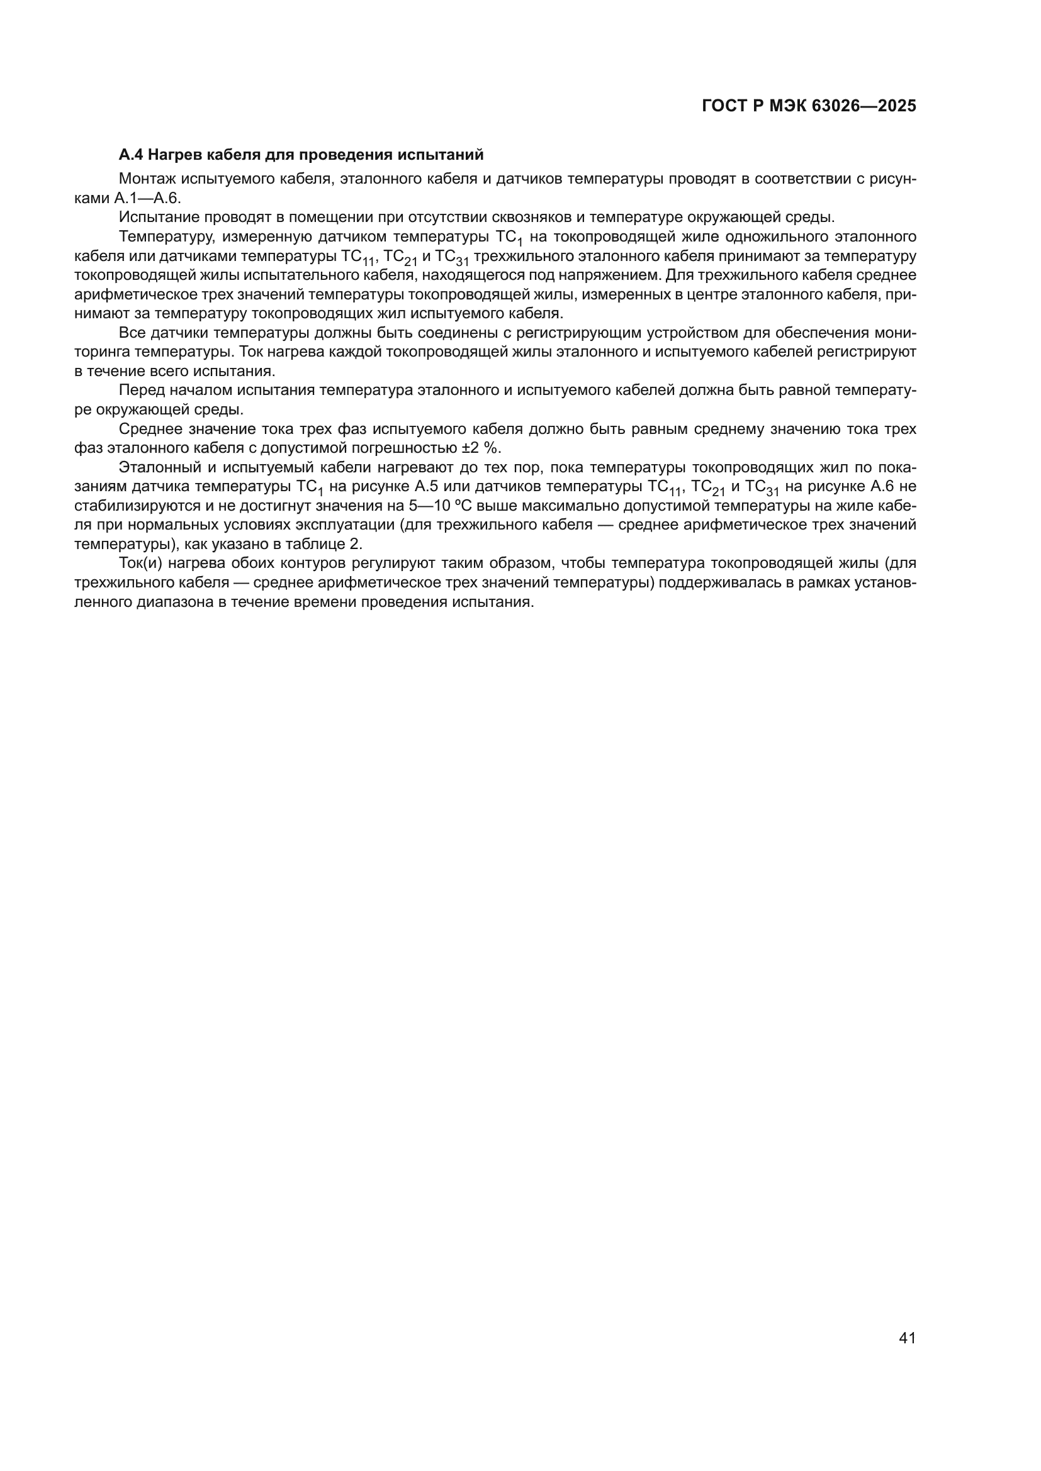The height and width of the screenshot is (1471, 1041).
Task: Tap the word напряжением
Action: (613, 275)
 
